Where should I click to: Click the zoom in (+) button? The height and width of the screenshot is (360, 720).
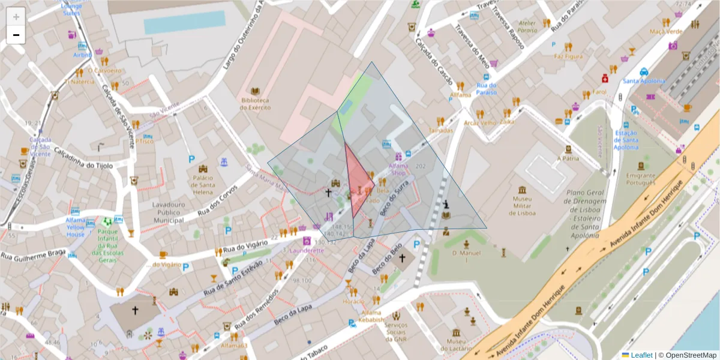tap(16, 17)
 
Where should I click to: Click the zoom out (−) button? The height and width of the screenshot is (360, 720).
tap(16, 35)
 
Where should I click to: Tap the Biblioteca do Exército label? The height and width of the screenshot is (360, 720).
tap(255, 104)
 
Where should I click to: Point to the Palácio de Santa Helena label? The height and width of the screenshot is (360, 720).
tap(203, 181)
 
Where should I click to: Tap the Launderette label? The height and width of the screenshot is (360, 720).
tap(307, 251)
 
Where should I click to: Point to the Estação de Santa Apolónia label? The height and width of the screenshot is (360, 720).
tap(626, 140)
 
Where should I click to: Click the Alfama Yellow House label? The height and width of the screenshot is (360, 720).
tap(75, 230)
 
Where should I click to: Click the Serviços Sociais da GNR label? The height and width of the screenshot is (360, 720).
tap(397, 332)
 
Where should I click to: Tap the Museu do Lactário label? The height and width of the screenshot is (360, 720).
tap(457, 345)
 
